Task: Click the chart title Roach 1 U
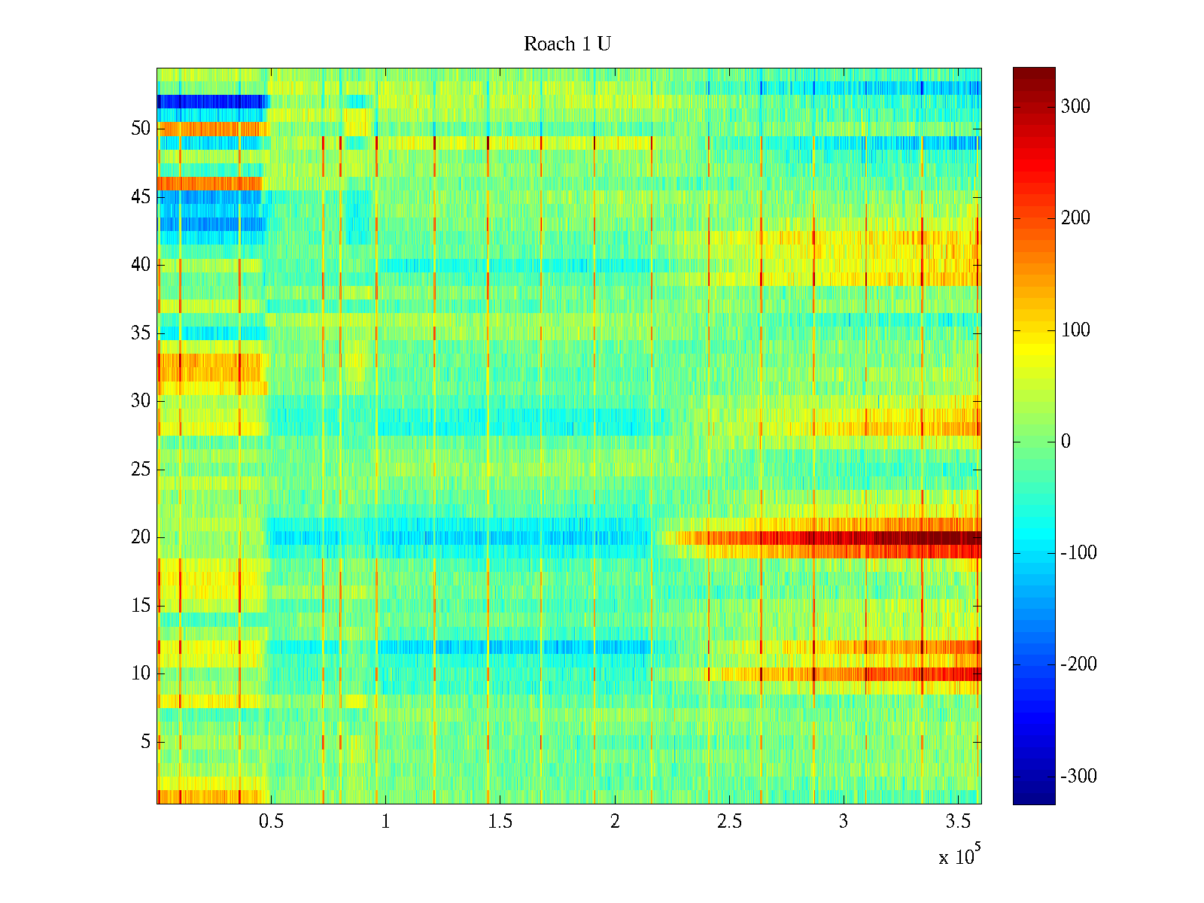(x=567, y=44)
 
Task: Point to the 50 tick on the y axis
(x=141, y=129)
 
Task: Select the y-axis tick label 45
(x=141, y=197)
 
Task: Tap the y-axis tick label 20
(x=141, y=537)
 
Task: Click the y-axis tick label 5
(x=145, y=742)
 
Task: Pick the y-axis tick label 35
(x=141, y=333)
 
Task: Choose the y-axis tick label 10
(x=141, y=673)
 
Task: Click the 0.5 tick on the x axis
(x=271, y=822)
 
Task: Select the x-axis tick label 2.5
(x=729, y=822)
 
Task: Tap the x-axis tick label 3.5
(x=958, y=822)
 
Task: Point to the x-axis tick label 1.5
(x=500, y=822)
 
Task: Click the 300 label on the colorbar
(x=1075, y=106)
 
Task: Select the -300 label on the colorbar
(x=1078, y=777)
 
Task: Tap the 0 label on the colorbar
(x=1065, y=442)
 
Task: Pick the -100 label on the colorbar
(x=1078, y=553)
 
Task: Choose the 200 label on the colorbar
(x=1075, y=218)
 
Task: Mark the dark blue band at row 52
(x=211, y=102)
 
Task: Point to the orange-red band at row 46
(x=209, y=184)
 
